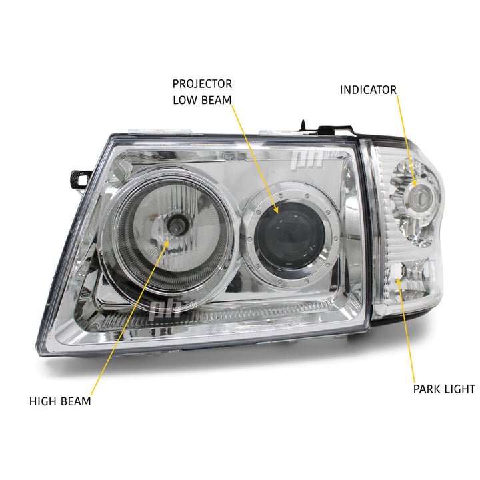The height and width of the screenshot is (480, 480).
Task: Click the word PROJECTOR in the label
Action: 202,84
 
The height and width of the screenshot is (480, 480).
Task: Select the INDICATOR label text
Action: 368,89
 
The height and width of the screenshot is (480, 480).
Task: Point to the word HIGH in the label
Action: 44,401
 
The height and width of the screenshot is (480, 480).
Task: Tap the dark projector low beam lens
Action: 297,233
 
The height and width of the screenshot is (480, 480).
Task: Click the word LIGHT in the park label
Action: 460,389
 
